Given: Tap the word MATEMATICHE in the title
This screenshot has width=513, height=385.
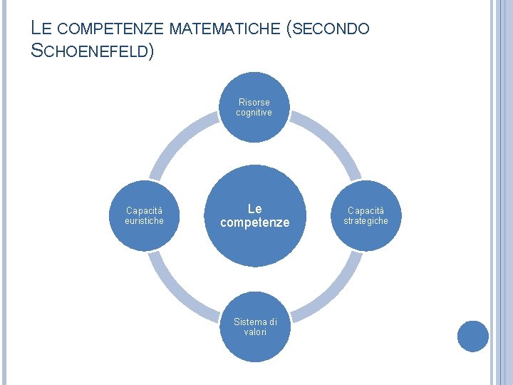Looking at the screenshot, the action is coord(226,29).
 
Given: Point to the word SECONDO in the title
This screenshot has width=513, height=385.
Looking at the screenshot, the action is coord(331,29).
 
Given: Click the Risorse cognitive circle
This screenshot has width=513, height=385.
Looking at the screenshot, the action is coord(254,106).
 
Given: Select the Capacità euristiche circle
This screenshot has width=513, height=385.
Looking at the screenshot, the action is coord(145,216).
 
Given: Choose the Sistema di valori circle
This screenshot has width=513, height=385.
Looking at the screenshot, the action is coord(254,326).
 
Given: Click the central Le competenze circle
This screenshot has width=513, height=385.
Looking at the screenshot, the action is coord(254,216).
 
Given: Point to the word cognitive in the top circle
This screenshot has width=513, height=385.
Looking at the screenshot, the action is coord(254,113).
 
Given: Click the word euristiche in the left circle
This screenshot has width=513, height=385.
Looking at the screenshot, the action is coord(145,221).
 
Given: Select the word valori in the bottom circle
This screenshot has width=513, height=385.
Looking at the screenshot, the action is coord(254,332).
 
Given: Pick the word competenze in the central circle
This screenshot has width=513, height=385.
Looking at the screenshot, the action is coord(254,223).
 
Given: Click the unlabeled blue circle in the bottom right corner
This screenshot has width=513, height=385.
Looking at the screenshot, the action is coord(472,337).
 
